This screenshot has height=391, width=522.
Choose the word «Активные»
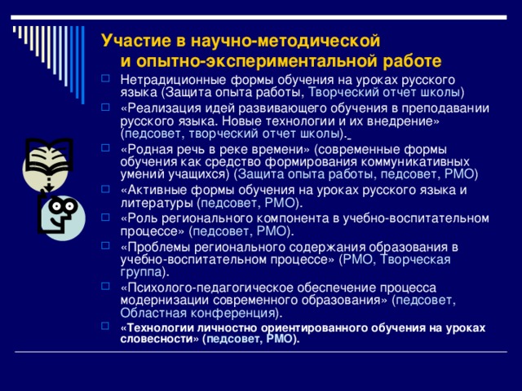tap(154, 190)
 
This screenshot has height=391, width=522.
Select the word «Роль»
tap(140, 218)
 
